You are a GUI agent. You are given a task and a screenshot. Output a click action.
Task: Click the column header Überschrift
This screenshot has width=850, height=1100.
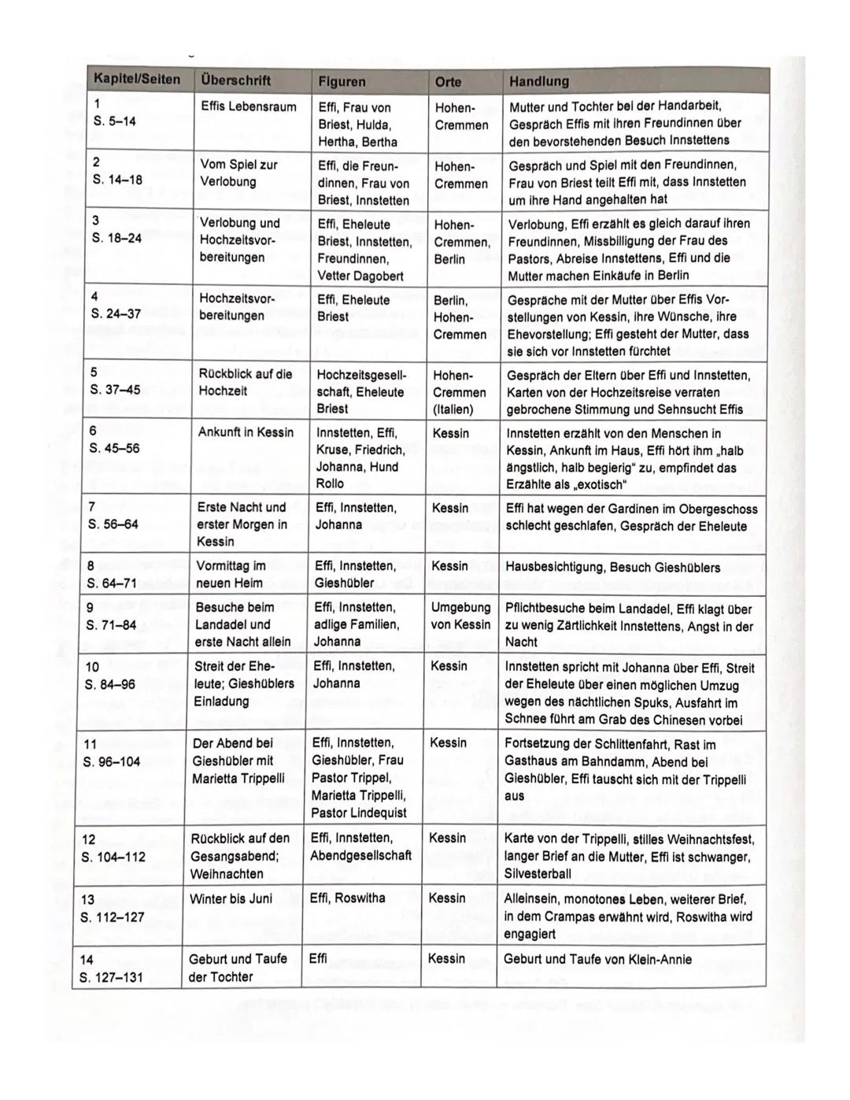(x=235, y=80)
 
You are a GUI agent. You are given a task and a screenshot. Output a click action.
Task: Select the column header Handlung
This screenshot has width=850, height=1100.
(x=539, y=81)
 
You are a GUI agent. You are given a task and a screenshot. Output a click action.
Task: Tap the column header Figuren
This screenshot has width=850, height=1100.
(x=342, y=81)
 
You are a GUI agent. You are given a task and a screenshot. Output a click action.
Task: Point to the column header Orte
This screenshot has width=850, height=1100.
(x=449, y=81)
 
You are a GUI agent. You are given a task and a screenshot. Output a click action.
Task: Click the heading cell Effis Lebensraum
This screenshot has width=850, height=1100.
(x=249, y=107)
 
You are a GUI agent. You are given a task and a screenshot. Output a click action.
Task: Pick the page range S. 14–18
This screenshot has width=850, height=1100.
(x=117, y=180)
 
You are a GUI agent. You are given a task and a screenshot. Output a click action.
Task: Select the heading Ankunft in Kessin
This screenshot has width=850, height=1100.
(x=246, y=432)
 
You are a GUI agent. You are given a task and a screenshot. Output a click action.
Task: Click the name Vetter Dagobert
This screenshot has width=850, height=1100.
(x=360, y=276)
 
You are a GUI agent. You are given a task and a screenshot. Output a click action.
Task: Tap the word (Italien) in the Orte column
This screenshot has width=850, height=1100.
(x=453, y=409)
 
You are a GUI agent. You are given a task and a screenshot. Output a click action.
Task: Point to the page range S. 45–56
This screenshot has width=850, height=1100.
(x=115, y=448)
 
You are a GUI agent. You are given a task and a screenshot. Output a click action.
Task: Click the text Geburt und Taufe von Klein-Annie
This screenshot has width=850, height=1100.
(x=597, y=959)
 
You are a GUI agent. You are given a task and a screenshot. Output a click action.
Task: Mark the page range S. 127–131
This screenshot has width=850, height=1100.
(x=112, y=977)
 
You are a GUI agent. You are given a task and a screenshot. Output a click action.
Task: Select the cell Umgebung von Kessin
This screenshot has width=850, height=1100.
(x=460, y=616)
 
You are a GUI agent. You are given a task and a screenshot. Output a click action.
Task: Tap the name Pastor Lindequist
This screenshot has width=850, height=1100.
(x=359, y=813)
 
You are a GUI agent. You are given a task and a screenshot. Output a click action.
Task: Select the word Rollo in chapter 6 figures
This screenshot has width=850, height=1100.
(x=330, y=484)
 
